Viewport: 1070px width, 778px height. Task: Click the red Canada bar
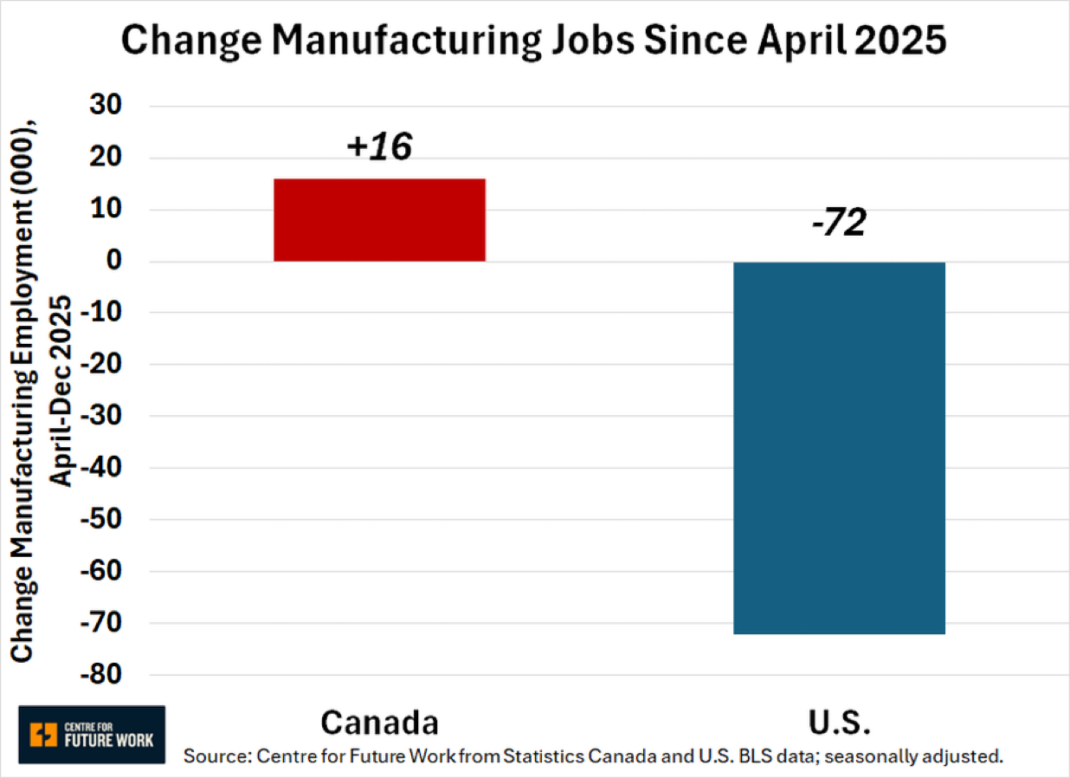pyautogui.click(x=379, y=220)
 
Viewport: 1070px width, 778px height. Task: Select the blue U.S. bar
pyautogui.click(x=839, y=447)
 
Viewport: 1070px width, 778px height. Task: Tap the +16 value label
pyautogui.click(x=378, y=147)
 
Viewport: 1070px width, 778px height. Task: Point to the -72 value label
pyautogui.click(x=838, y=224)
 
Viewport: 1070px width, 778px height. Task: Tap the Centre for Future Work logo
pyautogui.click(x=92, y=735)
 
